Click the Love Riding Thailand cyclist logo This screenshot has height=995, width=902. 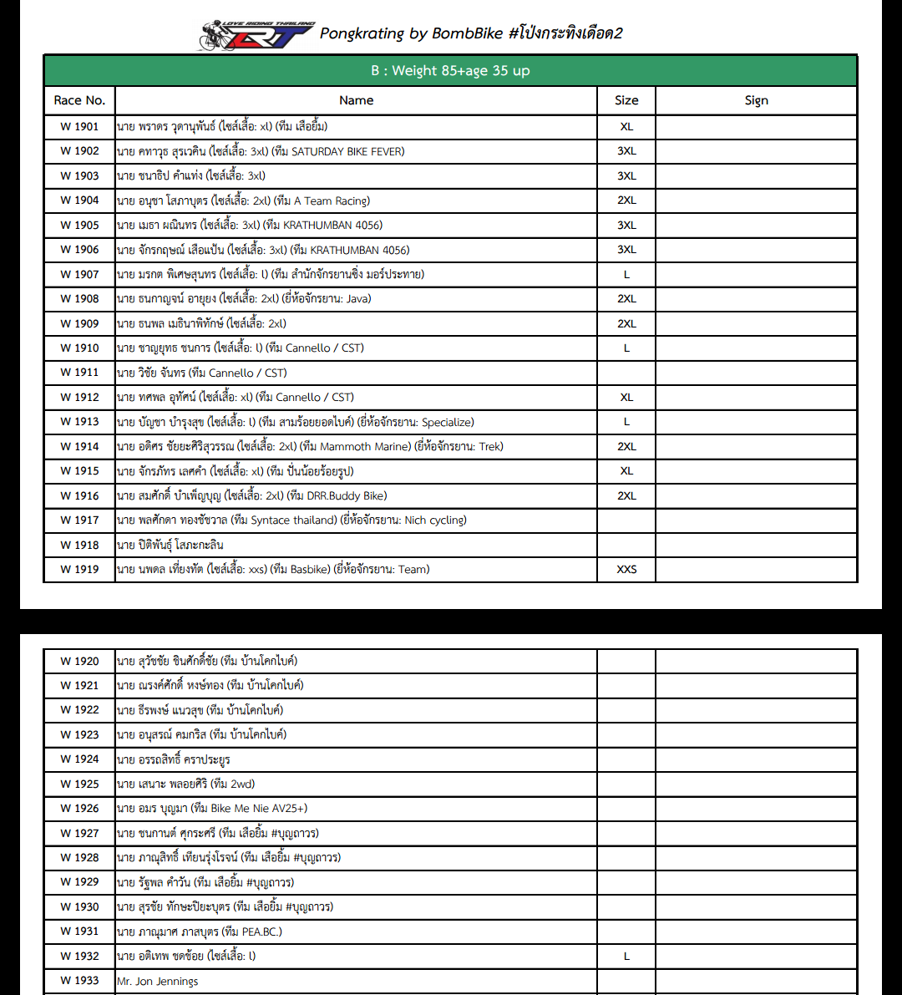tap(256, 35)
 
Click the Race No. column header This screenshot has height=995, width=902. tap(79, 100)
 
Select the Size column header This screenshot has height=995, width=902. tap(626, 100)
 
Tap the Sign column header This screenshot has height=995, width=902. tap(756, 100)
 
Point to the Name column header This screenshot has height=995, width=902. tap(356, 100)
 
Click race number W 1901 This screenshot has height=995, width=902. tap(79, 127)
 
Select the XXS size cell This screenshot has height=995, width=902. tap(626, 570)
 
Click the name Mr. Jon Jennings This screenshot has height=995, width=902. tap(158, 981)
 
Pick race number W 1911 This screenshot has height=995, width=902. tap(79, 373)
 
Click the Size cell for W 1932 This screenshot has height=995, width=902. tap(626, 956)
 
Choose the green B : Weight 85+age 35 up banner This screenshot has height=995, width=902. tap(450, 71)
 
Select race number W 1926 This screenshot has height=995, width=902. tap(79, 809)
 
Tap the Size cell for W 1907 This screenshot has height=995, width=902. tap(626, 274)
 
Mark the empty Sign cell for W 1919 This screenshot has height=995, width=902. tap(756, 570)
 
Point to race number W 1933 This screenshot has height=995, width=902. tap(79, 981)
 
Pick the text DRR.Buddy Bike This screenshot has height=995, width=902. tap(347, 495)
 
